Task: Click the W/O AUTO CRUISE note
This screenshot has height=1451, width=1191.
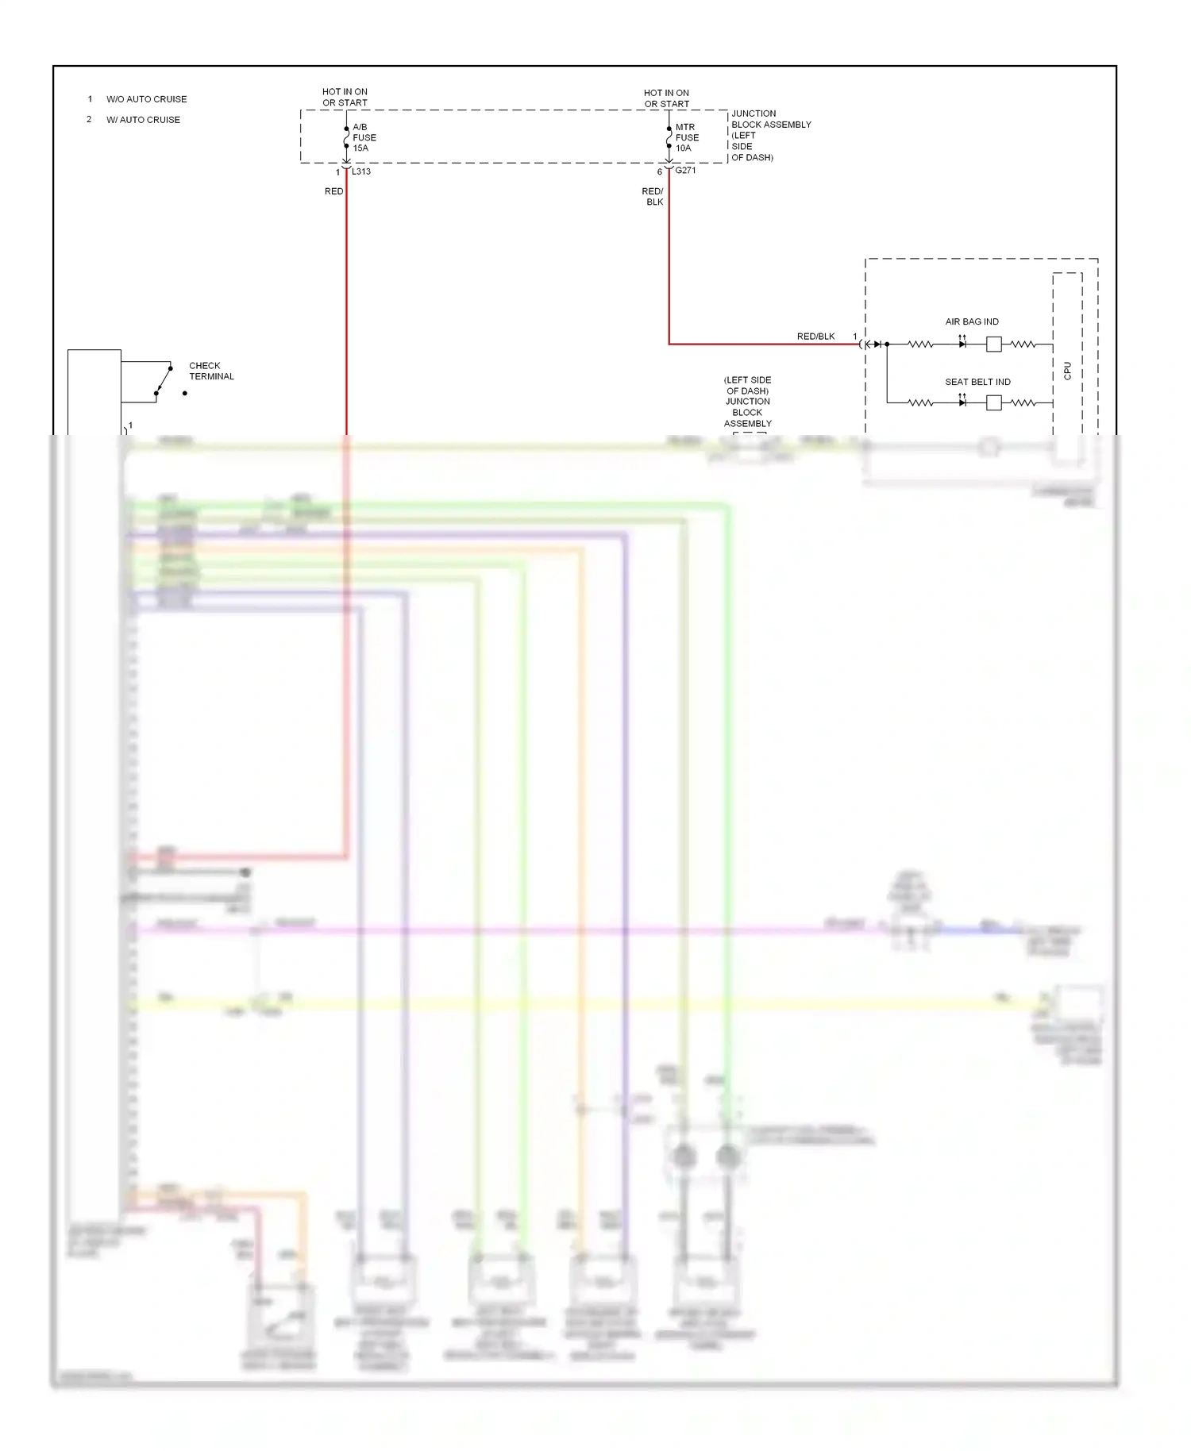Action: click(x=146, y=99)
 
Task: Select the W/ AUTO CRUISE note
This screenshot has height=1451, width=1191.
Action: click(x=143, y=120)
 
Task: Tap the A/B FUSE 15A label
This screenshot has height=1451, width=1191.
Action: click(x=364, y=137)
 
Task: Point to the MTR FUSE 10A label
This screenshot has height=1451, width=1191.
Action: click(x=687, y=137)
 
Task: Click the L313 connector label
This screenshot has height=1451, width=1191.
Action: click(x=361, y=171)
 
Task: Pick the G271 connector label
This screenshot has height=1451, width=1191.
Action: click(x=685, y=171)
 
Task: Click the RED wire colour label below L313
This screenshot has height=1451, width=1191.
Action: click(x=333, y=191)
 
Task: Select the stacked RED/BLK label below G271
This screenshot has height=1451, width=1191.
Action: click(x=653, y=196)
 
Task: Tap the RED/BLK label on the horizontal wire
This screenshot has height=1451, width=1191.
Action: click(x=815, y=337)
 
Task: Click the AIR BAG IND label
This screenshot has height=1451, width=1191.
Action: click(x=972, y=321)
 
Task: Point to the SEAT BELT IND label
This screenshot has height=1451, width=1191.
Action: click(x=977, y=382)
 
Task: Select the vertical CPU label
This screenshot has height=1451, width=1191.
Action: click(x=1067, y=371)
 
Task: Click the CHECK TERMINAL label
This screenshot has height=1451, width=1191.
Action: click(x=211, y=371)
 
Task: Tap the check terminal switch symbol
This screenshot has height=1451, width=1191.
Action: click(x=164, y=381)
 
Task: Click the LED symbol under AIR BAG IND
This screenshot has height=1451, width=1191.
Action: click(x=962, y=344)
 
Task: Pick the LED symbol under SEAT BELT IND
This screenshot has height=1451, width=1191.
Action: click(x=962, y=402)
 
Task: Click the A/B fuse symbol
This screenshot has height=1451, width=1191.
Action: click(x=346, y=137)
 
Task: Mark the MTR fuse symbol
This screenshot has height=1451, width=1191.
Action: click(x=669, y=137)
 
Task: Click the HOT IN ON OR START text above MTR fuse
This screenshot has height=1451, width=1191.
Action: click(x=666, y=98)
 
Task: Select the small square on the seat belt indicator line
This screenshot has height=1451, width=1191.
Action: click(x=993, y=403)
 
